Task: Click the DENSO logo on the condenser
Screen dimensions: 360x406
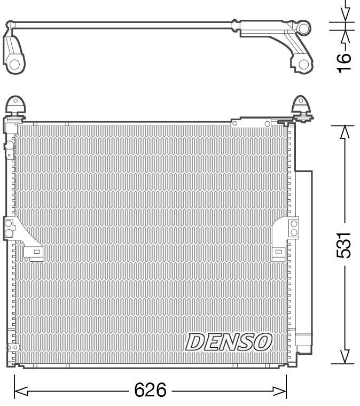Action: [229, 342]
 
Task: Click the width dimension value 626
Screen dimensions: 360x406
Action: [151, 390]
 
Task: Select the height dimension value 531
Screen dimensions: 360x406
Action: [344, 245]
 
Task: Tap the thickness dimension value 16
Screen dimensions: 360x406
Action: [344, 63]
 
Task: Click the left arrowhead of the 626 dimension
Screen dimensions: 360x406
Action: [21, 391]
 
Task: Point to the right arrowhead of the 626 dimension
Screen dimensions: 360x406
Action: [280, 391]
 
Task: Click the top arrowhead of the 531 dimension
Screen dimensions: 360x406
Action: [345, 132]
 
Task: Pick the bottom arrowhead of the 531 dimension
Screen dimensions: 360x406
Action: [345, 357]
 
